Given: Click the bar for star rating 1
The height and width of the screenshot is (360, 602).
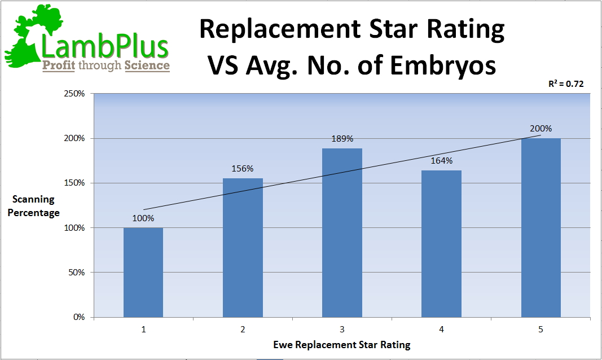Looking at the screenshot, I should pyautogui.click(x=143, y=272).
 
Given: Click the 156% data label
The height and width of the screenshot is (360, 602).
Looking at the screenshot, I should pyautogui.click(x=243, y=168).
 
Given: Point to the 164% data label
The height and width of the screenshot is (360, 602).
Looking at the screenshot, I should pyautogui.click(x=441, y=161).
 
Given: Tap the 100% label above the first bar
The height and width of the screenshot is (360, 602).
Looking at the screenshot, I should pyautogui.click(x=143, y=218).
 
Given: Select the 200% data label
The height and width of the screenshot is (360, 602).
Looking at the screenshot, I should pyautogui.click(x=541, y=129).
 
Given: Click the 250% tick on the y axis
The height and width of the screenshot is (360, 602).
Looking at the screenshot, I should pyautogui.click(x=74, y=94).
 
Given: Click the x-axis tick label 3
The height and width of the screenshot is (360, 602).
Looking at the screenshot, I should pyautogui.click(x=342, y=330).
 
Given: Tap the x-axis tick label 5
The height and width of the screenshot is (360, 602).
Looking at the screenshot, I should pyautogui.click(x=541, y=330).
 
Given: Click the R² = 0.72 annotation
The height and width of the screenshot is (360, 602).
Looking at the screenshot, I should pyautogui.click(x=566, y=84).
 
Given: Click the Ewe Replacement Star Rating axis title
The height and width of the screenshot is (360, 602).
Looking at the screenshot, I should pyautogui.click(x=342, y=344).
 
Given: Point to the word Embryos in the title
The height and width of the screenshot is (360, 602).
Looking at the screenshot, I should pyautogui.click(x=446, y=65).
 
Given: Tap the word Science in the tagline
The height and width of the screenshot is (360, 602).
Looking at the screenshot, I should pyautogui.click(x=147, y=65).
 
